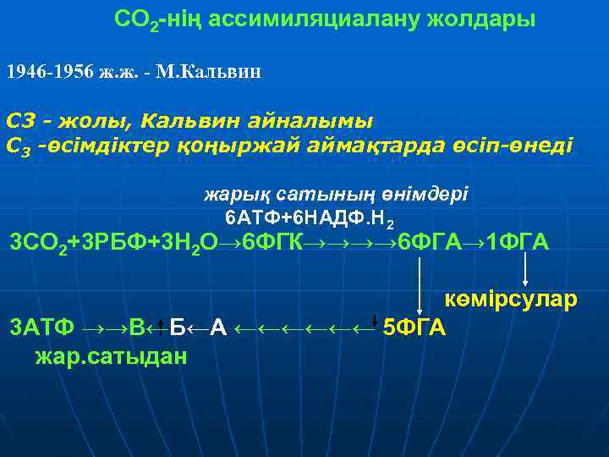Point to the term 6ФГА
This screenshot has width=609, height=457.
(429, 244)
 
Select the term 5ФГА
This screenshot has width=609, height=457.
(414, 326)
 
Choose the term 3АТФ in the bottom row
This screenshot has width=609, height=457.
(41, 327)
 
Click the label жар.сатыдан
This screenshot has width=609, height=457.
(111, 356)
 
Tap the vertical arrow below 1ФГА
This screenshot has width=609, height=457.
(526, 272)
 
